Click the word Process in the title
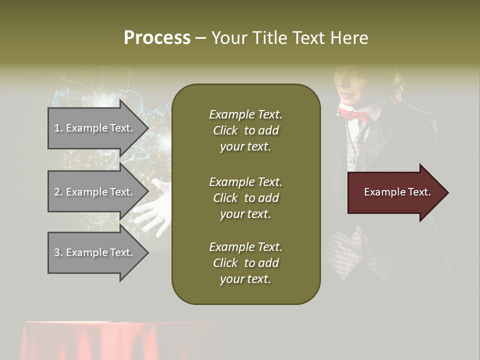[x=157, y=38]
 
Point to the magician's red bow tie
[x=353, y=115]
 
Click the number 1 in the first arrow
[x=57, y=128]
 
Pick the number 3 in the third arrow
[x=57, y=252]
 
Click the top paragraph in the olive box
[x=245, y=130]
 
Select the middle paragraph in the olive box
[x=245, y=198]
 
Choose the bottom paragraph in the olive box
[x=245, y=263]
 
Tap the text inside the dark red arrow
[x=397, y=192]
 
